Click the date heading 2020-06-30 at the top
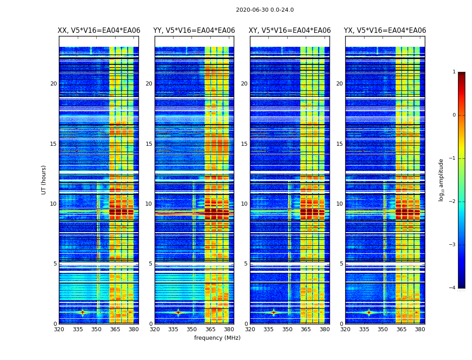click(x=265, y=10)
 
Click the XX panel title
click(x=99, y=31)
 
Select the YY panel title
click(x=194, y=31)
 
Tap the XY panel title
click(x=290, y=31)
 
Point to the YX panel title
click(x=385, y=31)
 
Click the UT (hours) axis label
click(x=44, y=180)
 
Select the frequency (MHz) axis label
click(x=217, y=338)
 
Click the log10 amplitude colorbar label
click(x=441, y=180)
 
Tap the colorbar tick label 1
click(x=454, y=72)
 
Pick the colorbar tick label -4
click(x=453, y=288)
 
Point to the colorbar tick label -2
click(x=453, y=202)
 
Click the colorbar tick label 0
click(x=454, y=115)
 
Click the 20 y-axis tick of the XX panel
click(x=53, y=84)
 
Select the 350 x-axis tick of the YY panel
click(x=192, y=329)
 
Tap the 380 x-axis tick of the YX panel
click(x=420, y=329)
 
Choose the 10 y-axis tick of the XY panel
click(x=245, y=204)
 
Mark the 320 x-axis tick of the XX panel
click(x=59, y=329)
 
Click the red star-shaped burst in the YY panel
click(x=178, y=312)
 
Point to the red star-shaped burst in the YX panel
click(x=369, y=312)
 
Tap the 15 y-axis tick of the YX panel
click(x=340, y=144)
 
